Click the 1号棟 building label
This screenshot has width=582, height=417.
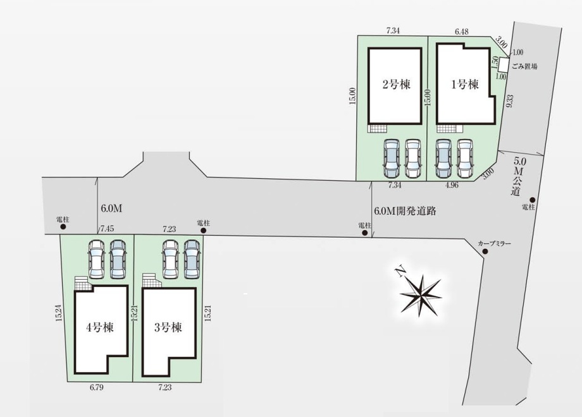point(464,84)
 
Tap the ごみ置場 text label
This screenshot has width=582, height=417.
point(524,66)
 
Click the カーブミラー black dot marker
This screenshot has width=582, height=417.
point(485,252)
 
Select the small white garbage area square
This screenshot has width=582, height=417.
point(504,64)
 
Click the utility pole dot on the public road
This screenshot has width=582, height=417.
point(532,200)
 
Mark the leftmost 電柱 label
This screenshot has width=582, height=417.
point(62,219)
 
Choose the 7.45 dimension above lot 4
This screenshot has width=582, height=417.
point(106,228)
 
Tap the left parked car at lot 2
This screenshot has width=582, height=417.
point(391,158)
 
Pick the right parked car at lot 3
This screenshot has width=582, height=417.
point(192,259)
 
